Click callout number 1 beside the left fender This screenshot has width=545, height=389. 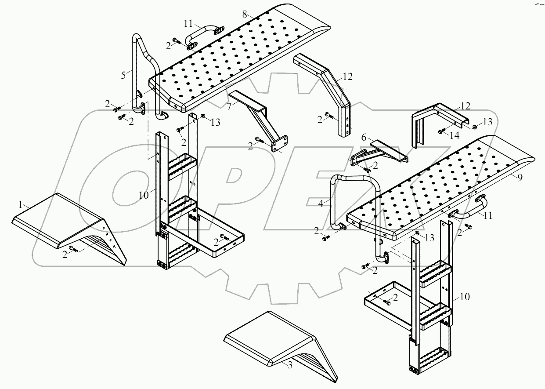[x=20, y=205]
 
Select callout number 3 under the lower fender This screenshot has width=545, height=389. [x=289, y=365]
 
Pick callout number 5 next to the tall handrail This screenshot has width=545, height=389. [x=124, y=75]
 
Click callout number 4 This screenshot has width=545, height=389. [x=322, y=203]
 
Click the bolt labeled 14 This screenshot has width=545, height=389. [x=441, y=131]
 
